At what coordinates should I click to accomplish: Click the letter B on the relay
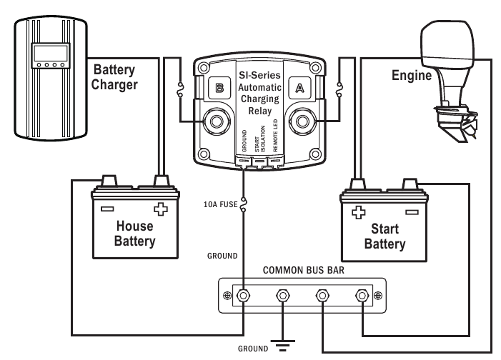pos(219,89)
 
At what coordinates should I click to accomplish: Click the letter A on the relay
pos(300,89)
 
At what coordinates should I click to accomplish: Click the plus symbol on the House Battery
pos(160,209)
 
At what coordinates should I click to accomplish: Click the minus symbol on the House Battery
pos(107,209)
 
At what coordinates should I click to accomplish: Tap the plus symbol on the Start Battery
pos(359,212)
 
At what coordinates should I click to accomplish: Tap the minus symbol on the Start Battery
pos(411,212)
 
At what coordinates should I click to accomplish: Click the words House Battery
pos(134,234)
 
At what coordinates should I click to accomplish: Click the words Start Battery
pos(385,236)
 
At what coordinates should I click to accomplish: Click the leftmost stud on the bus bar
pos(244,295)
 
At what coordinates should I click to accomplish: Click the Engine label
pos(411,76)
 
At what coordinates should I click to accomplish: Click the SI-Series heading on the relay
pos(259,74)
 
